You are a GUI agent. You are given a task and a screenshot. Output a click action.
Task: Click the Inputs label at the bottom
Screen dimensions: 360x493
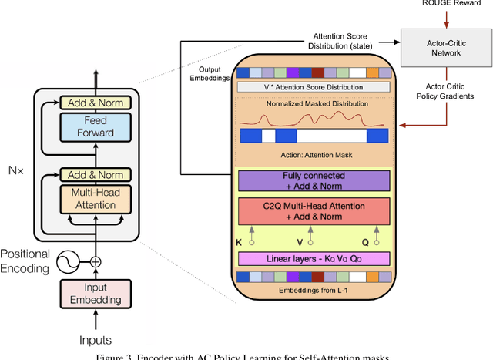point(96,339)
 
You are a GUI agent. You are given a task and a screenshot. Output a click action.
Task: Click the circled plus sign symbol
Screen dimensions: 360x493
point(96,261)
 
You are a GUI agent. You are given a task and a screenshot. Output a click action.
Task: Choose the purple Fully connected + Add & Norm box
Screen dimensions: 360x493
point(314,181)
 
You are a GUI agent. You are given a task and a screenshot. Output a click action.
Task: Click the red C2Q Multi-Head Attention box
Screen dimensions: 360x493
point(314,212)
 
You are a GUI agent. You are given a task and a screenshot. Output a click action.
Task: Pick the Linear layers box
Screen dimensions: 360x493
point(314,257)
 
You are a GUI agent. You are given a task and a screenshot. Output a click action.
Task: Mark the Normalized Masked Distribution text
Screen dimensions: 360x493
point(314,104)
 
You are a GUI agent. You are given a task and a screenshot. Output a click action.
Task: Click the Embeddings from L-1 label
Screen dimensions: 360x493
point(314,291)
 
